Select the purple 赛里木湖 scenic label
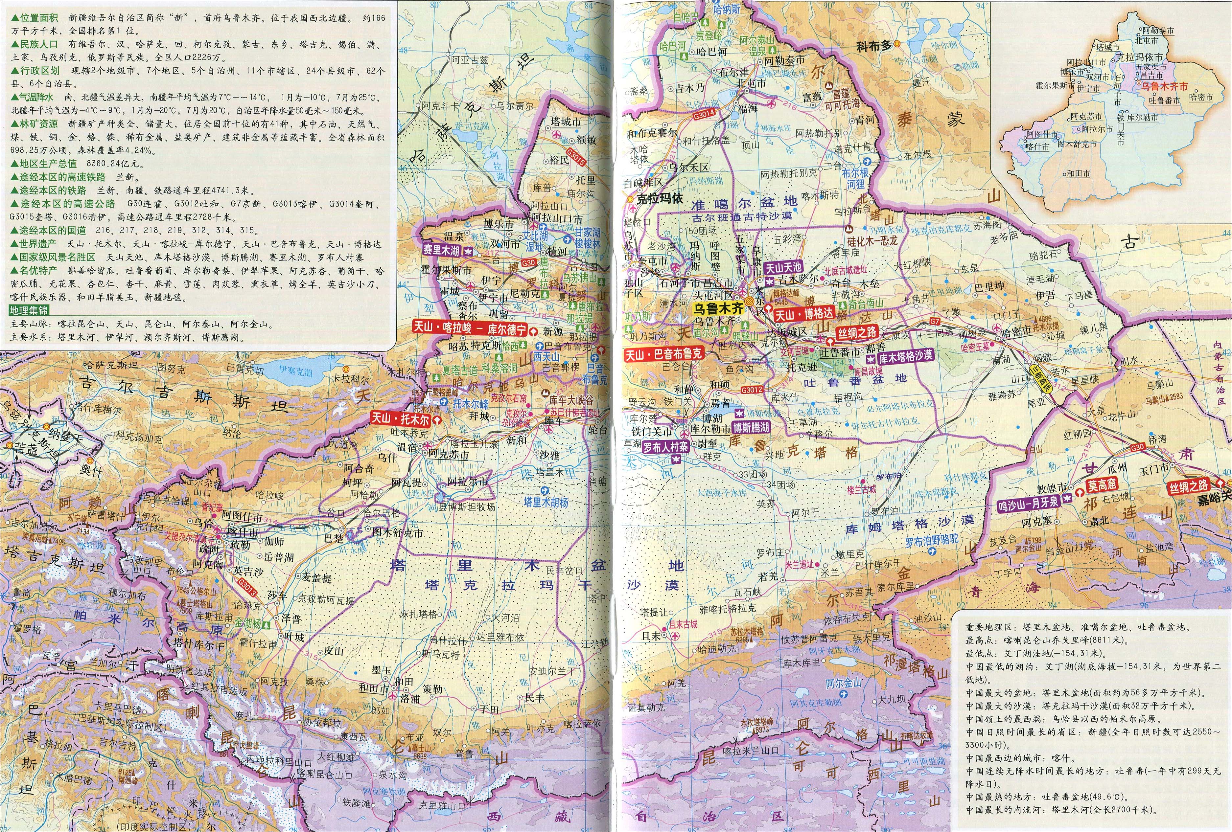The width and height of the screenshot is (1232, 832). tap(441, 250)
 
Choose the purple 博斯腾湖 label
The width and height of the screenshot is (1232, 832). tap(751, 427)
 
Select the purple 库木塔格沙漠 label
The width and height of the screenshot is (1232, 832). tap(905, 357)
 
